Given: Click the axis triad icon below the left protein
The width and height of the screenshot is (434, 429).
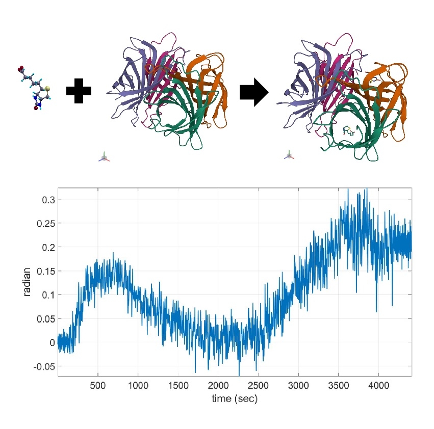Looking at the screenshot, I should [x=104, y=157].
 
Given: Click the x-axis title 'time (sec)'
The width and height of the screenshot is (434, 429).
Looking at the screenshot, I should [x=235, y=399].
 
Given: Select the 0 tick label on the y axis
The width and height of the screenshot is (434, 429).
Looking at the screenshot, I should [x=52, y=342].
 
